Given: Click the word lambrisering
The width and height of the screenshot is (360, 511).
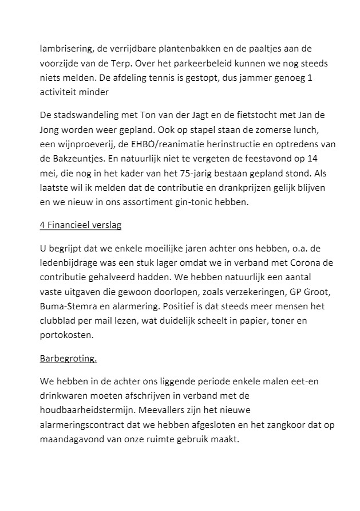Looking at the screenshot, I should (65, 48).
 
